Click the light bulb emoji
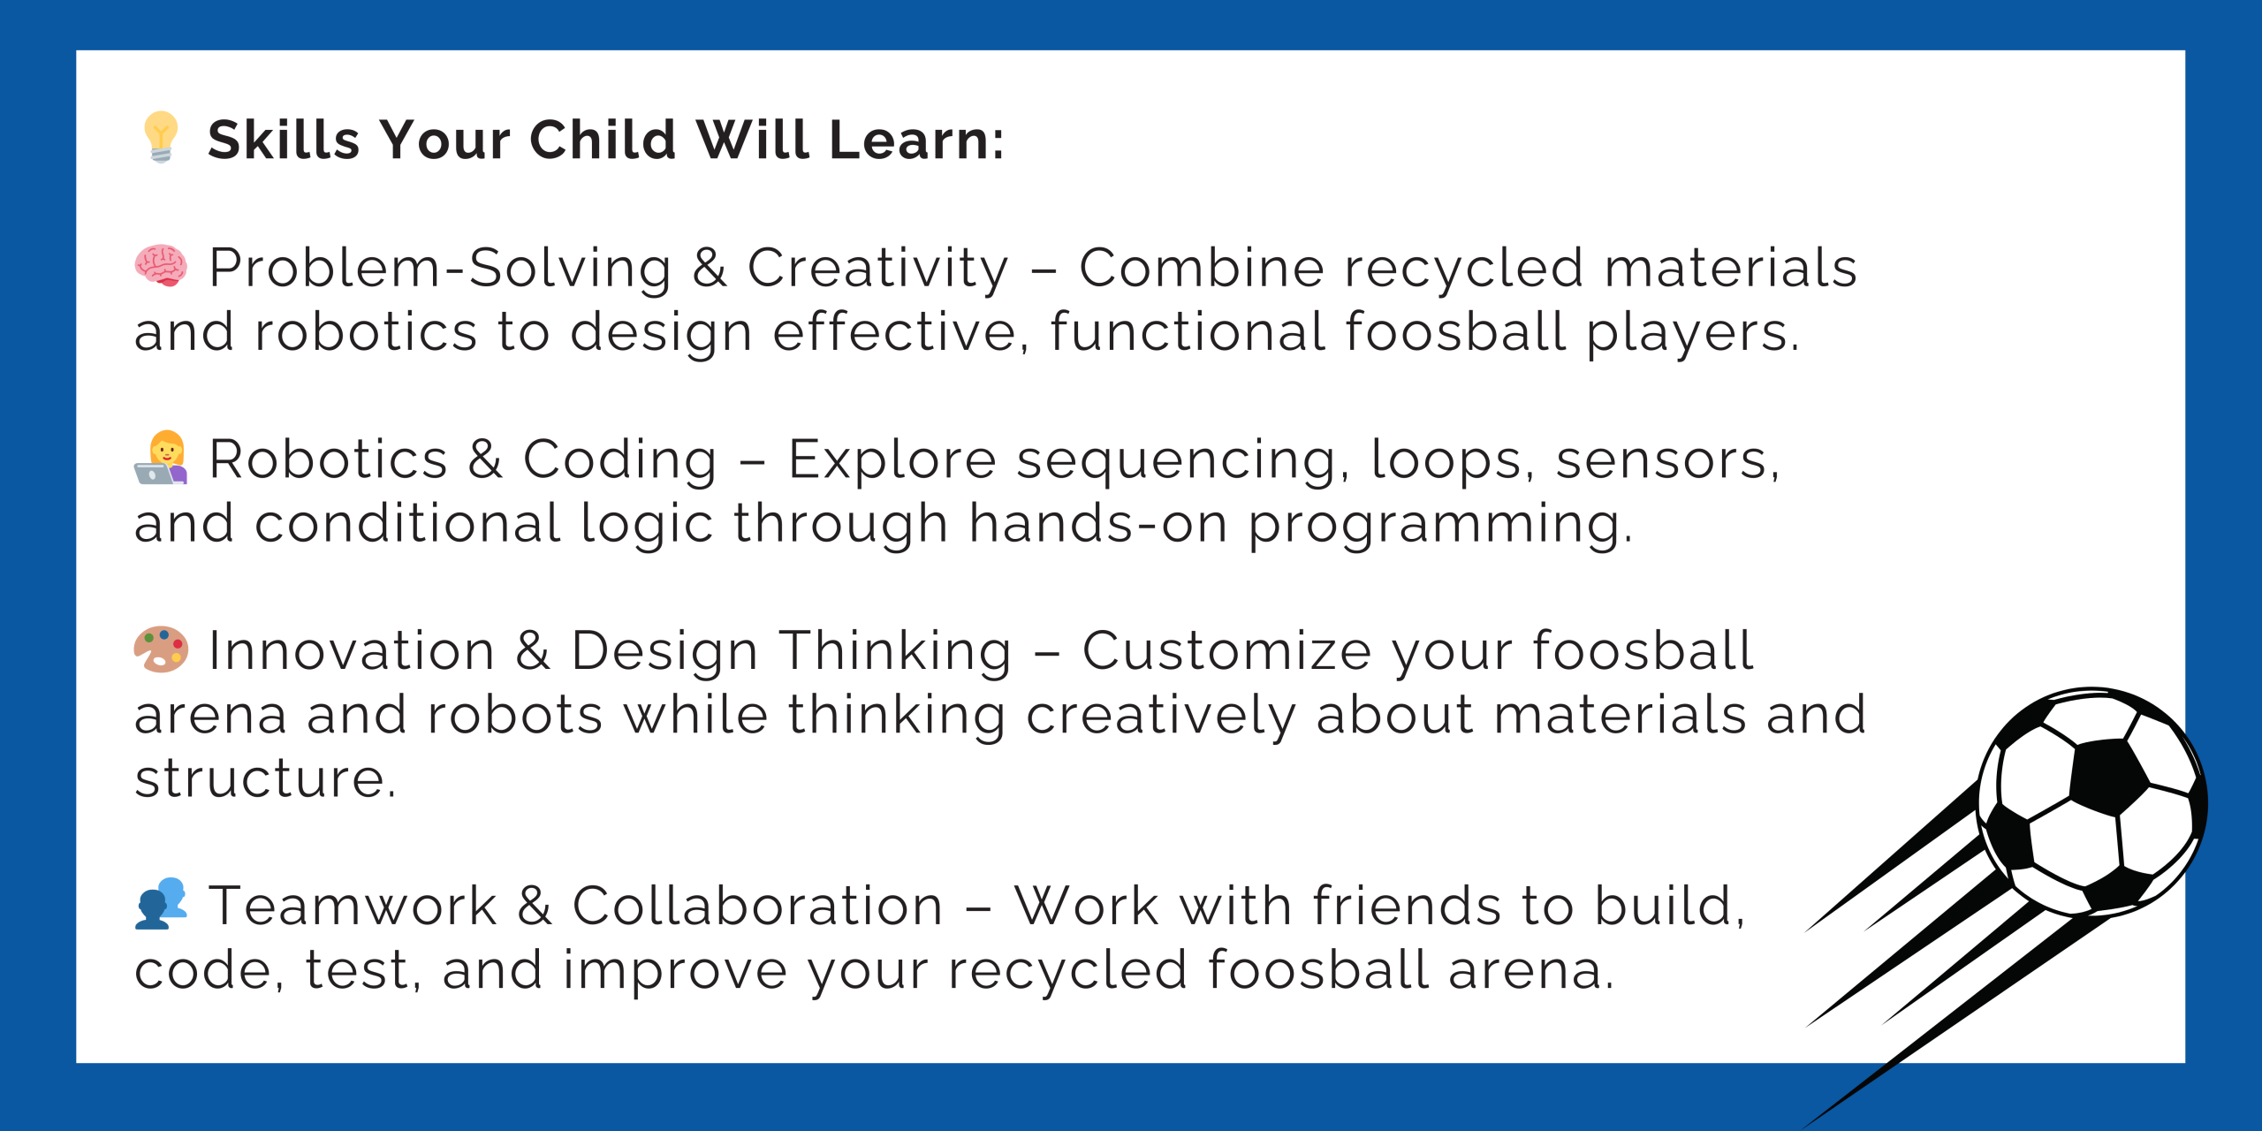(x=161, y=137)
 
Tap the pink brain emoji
(x=161, y=266)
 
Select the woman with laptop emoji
(x=161, y=458)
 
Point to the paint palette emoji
(x=161, y=649)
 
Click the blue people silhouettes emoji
(x=161, y=903)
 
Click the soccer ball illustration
(x=2092, y=802)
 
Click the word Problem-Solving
(x=440, y=269)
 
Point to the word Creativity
(x=878, y=269)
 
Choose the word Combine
(x=1202, y=268)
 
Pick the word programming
(x=1440, y=526)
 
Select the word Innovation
(x=352, y=651)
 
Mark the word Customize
(x=1227, y=651)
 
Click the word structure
(x=265, y=779)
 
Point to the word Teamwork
(x=353, y=907)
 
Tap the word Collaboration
(x=758, y=907)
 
